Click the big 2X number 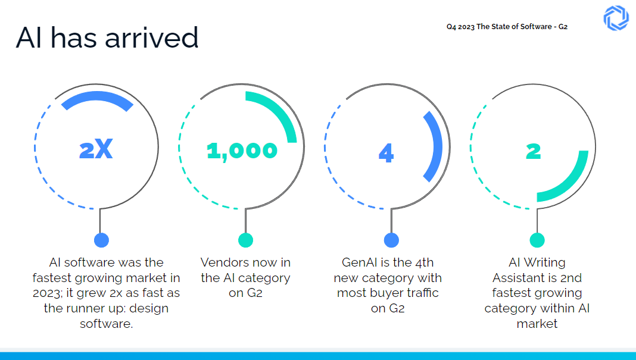click(96, 151)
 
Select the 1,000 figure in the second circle click(242, 151)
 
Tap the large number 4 click(386, 154)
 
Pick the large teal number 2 click(534, 151)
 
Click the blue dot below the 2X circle click(101, 240)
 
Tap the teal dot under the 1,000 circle click(245, 240)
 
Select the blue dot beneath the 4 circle click(391, 240)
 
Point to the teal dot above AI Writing click(537, 240)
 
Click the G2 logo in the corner click(616, 18)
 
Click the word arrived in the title click(152, 38)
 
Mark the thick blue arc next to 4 click(435, 145)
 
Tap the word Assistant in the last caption click(517, 278)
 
